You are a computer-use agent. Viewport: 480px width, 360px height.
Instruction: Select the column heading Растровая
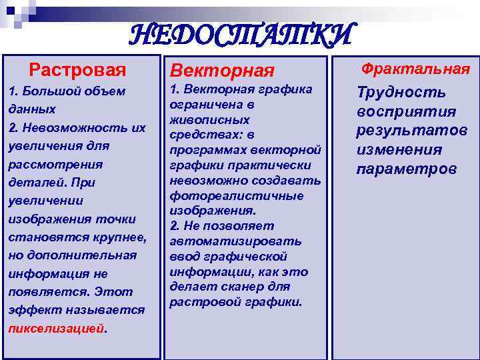click(x=77, y=69)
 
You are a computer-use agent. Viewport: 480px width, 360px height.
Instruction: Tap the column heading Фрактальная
click(x=415, y=69)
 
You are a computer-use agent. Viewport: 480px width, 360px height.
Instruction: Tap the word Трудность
click(x=401, y=93)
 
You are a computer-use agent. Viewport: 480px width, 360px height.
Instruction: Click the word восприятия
click(x=406, y=111)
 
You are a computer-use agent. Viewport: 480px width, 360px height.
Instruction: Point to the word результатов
click(x=411, y=131)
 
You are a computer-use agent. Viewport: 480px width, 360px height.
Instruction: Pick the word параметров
click(x=407, y=169)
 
